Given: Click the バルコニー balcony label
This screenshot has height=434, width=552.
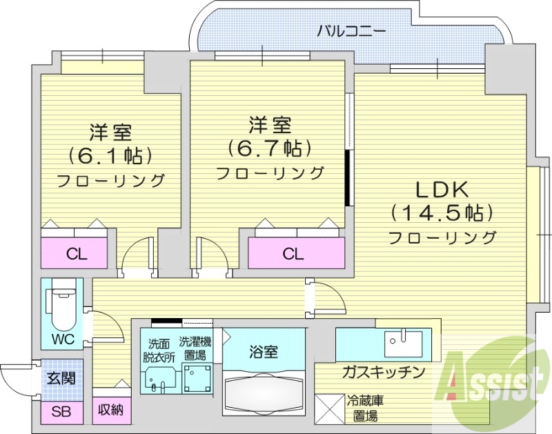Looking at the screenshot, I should pos(350,31).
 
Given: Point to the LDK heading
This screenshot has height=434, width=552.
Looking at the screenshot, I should pos(442,188).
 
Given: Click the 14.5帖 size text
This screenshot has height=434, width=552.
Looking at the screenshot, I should pos(442,212).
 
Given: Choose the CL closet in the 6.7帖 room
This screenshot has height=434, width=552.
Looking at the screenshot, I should pos(293,253).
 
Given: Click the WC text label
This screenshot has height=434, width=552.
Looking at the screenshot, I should pos(61,339).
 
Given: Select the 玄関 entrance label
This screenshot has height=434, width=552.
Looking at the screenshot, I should pos(61,377).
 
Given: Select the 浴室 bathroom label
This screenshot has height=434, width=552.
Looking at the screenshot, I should pos(264,351).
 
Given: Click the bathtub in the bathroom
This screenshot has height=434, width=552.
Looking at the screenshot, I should pos(264,394).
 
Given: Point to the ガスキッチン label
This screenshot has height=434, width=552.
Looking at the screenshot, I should pos(382,373).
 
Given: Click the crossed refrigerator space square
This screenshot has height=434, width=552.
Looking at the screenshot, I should pos(328,408).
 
